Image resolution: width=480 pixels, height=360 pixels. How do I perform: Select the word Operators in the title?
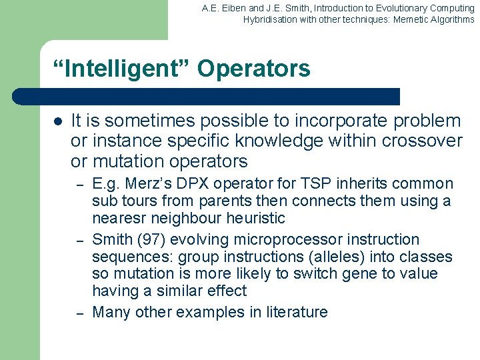pyautogui.click(x=254, y=69)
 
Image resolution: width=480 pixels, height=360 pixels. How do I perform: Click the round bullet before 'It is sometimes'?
pyautogui.click(x=57, y=122)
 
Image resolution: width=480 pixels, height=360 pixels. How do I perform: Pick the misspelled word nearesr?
pyautogui.click(x=118, y=219)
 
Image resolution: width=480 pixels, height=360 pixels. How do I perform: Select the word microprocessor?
pyautogui.click(x=301, y=240)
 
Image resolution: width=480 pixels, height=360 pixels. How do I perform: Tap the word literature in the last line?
pyautogui.click(x=295, y=312)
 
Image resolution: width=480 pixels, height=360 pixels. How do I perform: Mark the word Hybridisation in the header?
pyautogui.click(x=269, y=19)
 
